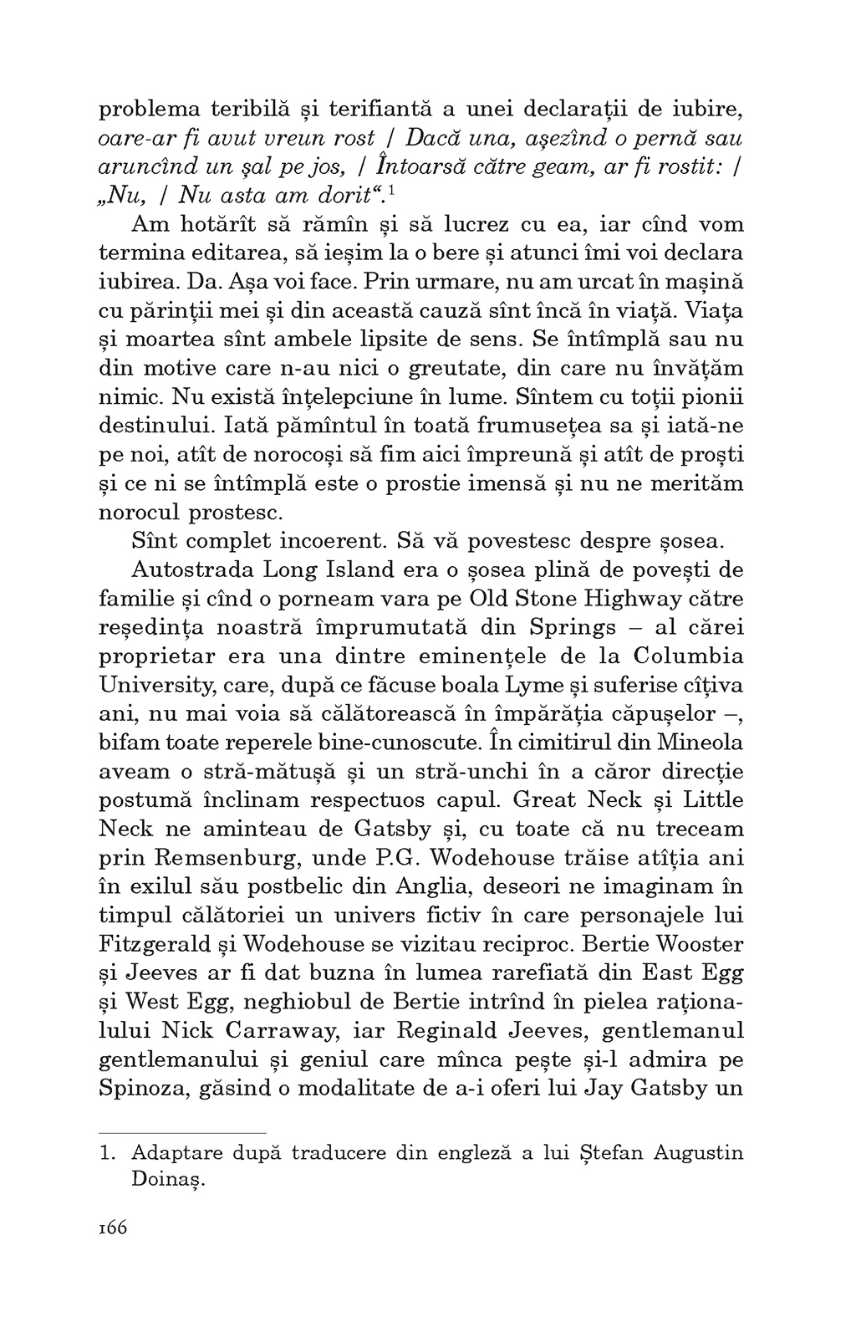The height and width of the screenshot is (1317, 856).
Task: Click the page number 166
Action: [x=112, y=1228]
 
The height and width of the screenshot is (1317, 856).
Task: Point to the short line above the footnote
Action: [x=181, y=1131]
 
